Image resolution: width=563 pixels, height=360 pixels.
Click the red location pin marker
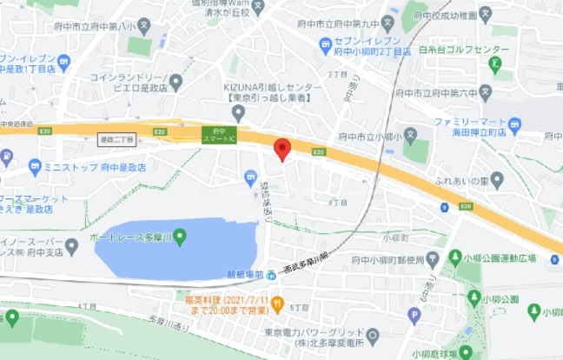click(281, 149)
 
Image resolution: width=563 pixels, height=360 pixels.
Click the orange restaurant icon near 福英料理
click(278, 303)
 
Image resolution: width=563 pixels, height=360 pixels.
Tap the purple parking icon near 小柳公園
click(414, 316)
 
